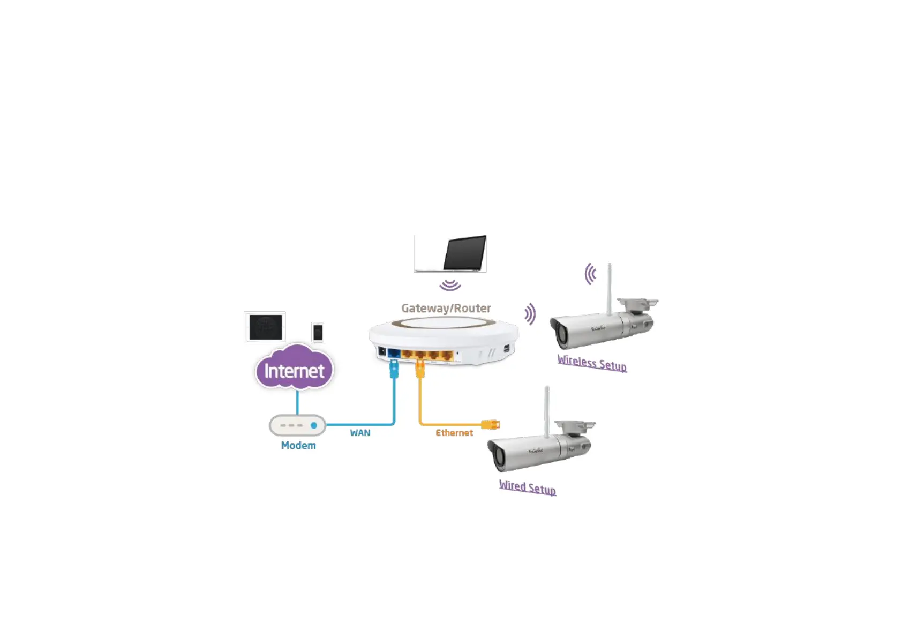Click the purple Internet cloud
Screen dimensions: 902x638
click(294, 370)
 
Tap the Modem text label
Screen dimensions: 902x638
click(298, 446)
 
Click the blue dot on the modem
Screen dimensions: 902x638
click(314, 425)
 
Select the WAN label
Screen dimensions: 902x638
click(360, 433)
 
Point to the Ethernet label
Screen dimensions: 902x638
click(454, 433)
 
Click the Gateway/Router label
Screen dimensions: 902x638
click(446, 308)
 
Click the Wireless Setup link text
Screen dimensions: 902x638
click(592, 363)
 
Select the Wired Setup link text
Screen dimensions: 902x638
click(528, 487)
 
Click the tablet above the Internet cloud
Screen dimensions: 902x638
click(265, 327)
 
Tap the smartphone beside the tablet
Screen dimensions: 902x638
click(318, 332)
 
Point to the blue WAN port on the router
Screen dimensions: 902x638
click(394, 354)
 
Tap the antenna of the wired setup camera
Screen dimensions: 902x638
click(547, 411)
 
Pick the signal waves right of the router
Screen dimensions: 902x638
click(530, 314)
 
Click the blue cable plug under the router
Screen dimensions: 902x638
click(394, 369)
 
